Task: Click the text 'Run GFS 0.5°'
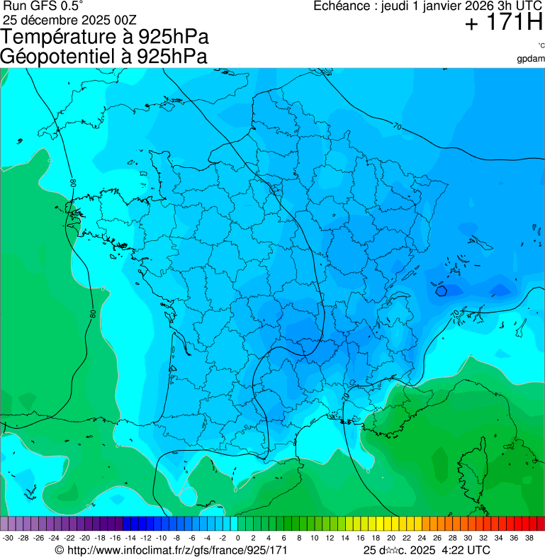point(34,6)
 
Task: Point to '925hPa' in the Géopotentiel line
point(173,57)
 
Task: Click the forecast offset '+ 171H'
point(503,23)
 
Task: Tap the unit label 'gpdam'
point(531,58)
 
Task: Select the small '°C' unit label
point(541,45)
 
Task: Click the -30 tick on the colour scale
point(9,539)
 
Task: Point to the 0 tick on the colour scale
point(237,539)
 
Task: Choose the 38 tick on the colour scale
point(529,539)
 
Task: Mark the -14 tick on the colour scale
point(130,539)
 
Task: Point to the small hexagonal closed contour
point(441,289)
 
